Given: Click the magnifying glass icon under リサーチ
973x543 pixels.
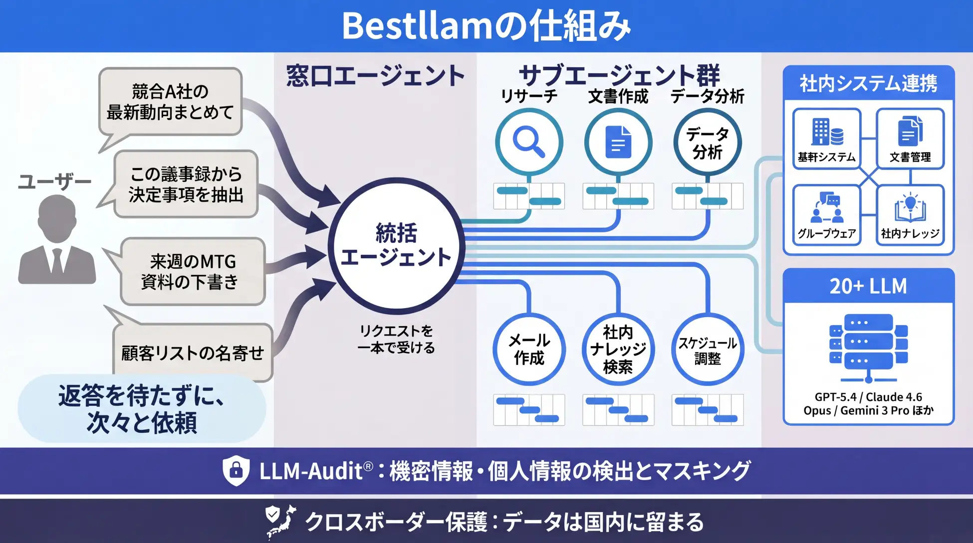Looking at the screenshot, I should pyautogui.click(x=529, y=142).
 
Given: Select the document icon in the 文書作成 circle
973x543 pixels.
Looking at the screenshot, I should pyautogui.click(x=618, y=142).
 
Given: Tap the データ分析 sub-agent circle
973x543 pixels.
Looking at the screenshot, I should pyautogui.click(x=708, y=143).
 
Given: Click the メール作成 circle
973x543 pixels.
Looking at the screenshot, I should pyautogui.click(x=529, y=349).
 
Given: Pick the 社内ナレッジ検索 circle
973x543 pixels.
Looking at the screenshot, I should pyautogui.click(x=618, y=349).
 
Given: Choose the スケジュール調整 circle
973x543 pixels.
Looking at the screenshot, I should pyautogui.click(x=708, y=349).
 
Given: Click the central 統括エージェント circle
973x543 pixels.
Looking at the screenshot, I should pyautogui.click(x=396, y=245).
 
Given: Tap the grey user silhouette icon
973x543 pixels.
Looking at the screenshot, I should pyautogui.click(x=57, y=239).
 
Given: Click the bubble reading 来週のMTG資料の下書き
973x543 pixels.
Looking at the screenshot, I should pyautogui.click(x=193, y=271).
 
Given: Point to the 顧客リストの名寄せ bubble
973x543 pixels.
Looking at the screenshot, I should pyautogui.click(x=193, y=353).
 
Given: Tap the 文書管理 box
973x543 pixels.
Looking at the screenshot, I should pyautogui.click(x=910, y=139).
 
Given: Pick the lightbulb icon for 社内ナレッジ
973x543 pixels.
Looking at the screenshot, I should pyautogui.click(x=910, y=207).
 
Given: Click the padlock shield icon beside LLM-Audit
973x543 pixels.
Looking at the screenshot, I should pyautogui.click(x=236, y=470).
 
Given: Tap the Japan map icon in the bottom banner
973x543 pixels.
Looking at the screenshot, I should pyautogui.click(x=281, y=522).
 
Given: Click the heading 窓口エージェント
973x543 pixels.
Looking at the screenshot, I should pyautogui.click(x=375, y=76).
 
